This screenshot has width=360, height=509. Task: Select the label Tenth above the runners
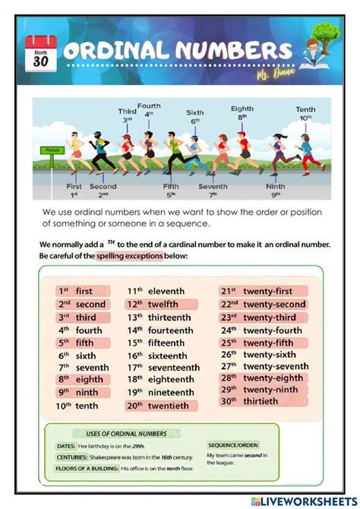[x=305, y=109]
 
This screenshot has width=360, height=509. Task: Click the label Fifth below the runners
[x=171, y=186]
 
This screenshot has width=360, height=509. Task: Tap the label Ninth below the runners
[x=276, y=186]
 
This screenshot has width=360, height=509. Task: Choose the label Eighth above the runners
[x=242, y=109]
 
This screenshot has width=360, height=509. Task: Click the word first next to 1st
[x=84, y=291]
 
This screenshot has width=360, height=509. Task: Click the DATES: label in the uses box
[x=66, y=445]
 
